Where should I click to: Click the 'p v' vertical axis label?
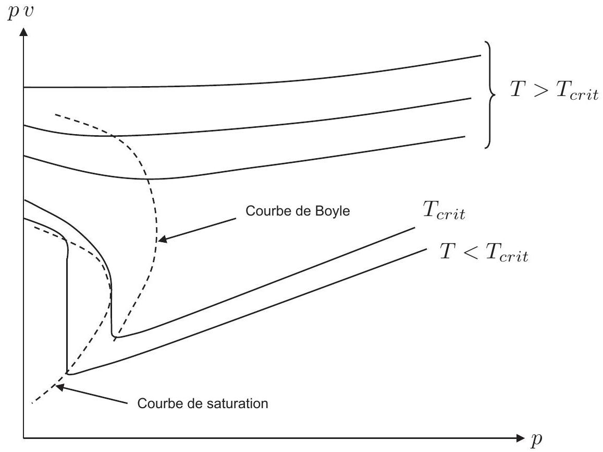point(20,11)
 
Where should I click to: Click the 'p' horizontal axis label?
point(536,439)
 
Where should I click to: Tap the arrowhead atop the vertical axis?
point(23,31)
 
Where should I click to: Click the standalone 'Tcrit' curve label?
point(444,210)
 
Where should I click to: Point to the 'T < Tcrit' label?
point(484,253)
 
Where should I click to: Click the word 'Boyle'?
point(333,211)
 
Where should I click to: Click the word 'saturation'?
point(236,403)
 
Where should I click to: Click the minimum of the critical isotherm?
point(115,337)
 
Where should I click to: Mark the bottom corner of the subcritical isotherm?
point(68,373)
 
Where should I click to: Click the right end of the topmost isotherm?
point(481,55)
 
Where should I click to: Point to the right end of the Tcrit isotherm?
point(415,228)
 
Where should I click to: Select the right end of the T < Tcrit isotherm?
point(426,249)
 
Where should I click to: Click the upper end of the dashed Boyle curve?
point(55,114)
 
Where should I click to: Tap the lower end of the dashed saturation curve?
point(32,403)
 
